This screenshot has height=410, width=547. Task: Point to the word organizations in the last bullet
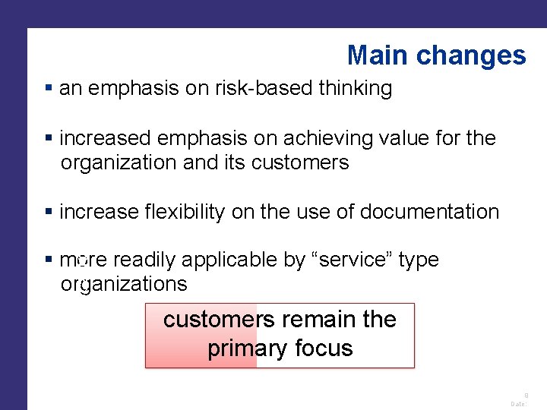click(123, 284)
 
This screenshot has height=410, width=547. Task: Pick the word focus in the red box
click(326, 349)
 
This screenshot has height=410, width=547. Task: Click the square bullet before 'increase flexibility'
click(49, 212)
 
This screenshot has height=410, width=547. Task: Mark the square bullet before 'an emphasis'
click(49, 89)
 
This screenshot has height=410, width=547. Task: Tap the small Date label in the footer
click(518, 405)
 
